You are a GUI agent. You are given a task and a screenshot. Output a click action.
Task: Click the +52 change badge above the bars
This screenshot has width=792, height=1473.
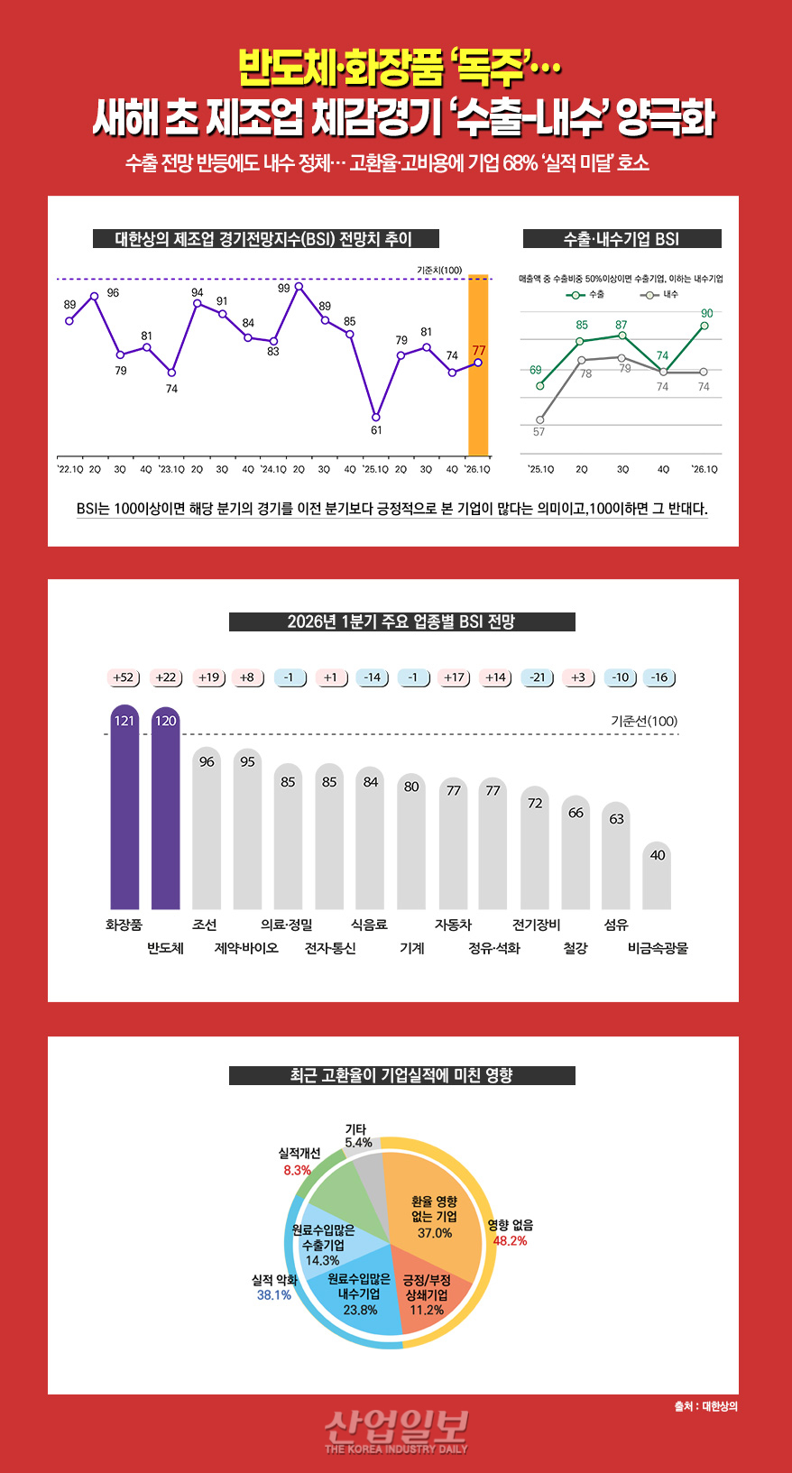[124, 677]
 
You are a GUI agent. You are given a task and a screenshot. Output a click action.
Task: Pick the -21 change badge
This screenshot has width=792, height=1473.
[539, 677]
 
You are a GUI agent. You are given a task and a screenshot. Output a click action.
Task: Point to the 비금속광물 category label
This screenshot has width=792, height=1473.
[658, 948]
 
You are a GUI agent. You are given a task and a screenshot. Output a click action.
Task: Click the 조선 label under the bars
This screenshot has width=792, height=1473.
[205, 925]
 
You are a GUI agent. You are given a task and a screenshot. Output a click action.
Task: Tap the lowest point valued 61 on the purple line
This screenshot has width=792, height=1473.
[376, 418]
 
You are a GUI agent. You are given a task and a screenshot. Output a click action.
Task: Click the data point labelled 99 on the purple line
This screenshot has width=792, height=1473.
[299, 287]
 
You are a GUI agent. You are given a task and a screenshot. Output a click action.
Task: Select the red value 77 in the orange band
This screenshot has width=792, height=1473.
[478, 350]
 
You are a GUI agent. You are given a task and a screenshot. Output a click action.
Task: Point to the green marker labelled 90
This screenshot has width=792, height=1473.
[705, 326]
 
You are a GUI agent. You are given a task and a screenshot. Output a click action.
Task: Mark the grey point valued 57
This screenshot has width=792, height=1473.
[539, 419]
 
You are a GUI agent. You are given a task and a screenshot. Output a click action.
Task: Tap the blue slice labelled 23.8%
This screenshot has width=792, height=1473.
[359, 1294]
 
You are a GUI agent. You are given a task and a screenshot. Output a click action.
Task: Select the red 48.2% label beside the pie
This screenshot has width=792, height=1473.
[510, 1241]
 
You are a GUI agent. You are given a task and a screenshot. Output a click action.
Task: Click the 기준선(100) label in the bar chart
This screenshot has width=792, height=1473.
[643, 721]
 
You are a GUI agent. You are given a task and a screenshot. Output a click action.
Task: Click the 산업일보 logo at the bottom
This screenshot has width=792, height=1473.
[396, 1430]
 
